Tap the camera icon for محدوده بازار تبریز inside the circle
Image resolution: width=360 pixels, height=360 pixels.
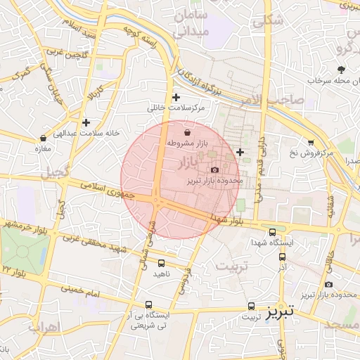(x=214, y=169)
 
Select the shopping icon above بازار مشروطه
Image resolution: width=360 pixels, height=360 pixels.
(x=187, y=132)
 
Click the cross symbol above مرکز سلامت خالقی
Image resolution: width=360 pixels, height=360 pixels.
(x=176, y=98)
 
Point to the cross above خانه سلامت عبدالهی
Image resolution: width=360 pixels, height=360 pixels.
(x=86, y=122)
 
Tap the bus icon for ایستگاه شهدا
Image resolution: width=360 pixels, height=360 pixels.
(x=273, y=232)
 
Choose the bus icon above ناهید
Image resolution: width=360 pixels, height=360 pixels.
(x=162, y=263)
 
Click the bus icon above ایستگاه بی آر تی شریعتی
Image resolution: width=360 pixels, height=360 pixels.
(x=148, y=305)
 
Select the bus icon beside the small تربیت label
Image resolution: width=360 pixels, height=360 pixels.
(x=252, y=307)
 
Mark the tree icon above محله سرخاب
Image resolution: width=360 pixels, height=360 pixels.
(x=342, y=70)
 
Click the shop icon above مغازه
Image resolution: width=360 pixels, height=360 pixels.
(x=44, y=138)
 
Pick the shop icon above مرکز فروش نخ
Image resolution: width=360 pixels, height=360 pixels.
(x=311, y=142)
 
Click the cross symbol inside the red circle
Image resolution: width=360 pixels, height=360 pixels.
(x=240, y=152)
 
